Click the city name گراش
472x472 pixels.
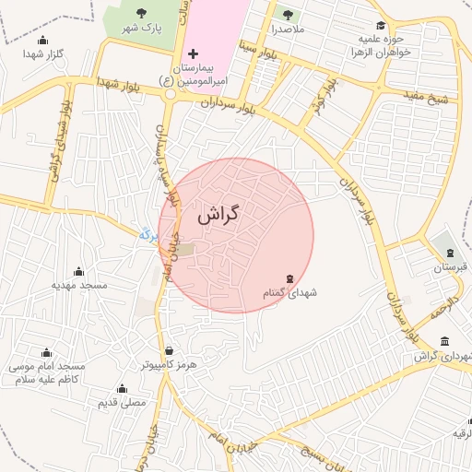click(218, 215)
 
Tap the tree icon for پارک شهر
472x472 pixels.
click(141, 13)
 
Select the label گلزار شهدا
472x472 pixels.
click(43, 54)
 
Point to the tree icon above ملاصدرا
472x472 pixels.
click(287, 15)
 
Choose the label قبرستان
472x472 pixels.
click(450, 267)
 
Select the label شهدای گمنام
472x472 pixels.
click(289, 292)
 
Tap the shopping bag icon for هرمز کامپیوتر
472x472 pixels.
click(169, 350)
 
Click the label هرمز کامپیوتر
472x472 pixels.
click(169, 365)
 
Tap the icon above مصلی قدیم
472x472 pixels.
click(122, 388)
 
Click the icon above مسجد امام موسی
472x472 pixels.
click(47, 352)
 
